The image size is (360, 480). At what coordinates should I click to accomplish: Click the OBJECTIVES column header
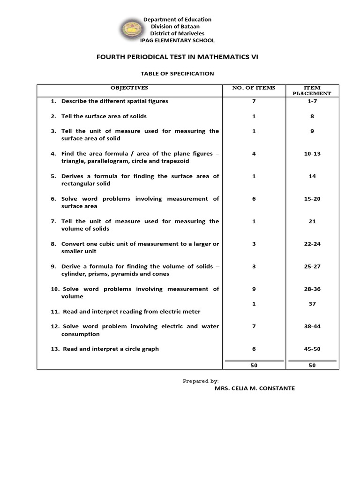(x=129, y=88)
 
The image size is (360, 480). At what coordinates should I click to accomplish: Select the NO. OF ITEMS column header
(x=254, y=88)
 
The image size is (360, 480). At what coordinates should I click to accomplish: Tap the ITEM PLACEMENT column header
(x=312, y=90)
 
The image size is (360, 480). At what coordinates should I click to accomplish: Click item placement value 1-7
(x=312, y=101)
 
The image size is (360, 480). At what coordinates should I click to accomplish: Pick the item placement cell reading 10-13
(x=312, y=154)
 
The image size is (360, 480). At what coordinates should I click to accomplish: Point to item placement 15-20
(x=312, y=199)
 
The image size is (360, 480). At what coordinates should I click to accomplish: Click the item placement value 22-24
(x=312, y=244)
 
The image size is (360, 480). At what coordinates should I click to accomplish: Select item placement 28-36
(x=312, y=289)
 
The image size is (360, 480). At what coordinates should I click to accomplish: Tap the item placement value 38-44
(x=312, y=326)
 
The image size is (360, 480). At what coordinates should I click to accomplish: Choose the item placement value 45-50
(x=312, y=349)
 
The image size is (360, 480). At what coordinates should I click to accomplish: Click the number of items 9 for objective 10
(x=254, y=289)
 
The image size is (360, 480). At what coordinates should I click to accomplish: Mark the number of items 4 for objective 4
(x=254, y=154)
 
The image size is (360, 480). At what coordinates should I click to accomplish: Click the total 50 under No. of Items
(x=254, y=366)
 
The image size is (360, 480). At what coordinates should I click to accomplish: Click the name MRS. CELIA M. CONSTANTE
(x=255, y=389)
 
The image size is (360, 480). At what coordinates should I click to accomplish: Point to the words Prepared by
(x=201, y=381)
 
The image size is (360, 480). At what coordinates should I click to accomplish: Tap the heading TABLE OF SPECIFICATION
(x=177, y=74)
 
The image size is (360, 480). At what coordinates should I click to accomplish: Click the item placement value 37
(x=312, y=304)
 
